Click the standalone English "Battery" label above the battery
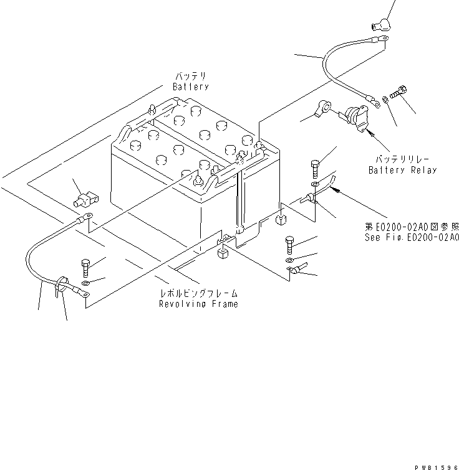[x=190, y=87]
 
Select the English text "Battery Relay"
[x=402, y=170]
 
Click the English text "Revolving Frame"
[x=198, y=304]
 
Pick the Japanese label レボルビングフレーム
[x=198, y=293]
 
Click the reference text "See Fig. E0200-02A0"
[x=412, y=237]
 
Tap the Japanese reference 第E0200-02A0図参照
[x=412, y=227]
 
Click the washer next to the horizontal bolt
[x=386, y=98]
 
